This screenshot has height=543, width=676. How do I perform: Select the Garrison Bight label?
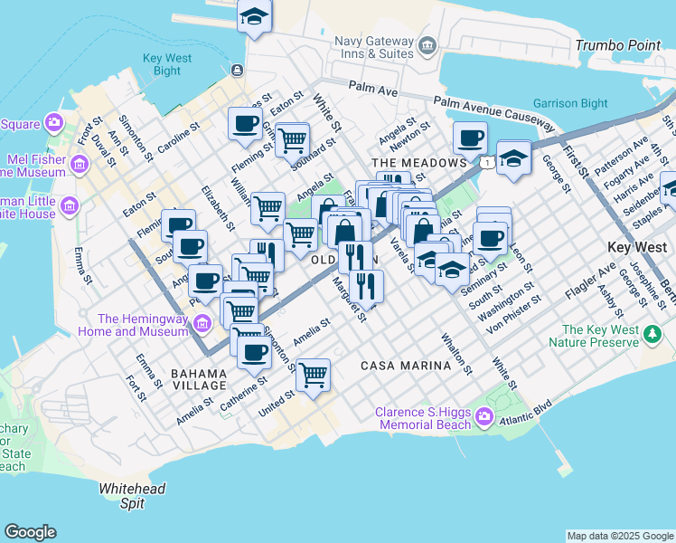pos(570,103)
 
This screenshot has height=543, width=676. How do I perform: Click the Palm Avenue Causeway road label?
pos(493,112)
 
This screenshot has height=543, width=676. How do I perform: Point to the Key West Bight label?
pos(167,64)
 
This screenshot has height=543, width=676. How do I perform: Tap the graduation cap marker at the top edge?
pos(255,16)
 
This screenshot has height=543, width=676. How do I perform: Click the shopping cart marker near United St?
pos(313,374)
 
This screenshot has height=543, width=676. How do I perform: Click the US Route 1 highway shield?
pos(488,161)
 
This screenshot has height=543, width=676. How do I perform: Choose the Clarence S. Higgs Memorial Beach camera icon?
pos(484,417)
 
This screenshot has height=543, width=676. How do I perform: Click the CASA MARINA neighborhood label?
pos(406,366)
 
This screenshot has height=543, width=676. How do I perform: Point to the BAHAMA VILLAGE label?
pos(198,379)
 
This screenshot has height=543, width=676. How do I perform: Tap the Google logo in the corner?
pos(30,532)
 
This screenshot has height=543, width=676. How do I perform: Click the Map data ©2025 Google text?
pos(619,536)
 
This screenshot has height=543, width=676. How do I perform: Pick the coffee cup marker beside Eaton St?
pos(244,123)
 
